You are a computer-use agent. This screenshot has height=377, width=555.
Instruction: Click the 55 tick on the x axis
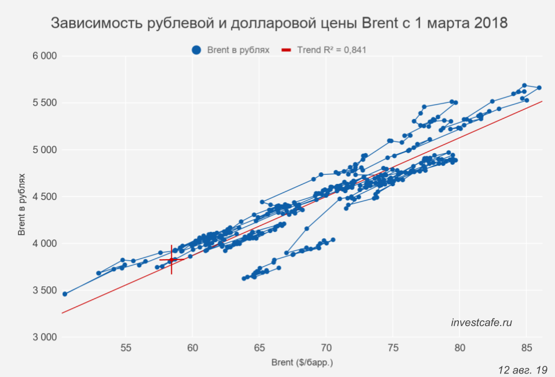click(x=126, y=348)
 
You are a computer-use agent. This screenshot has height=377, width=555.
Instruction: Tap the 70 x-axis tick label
click(x=326, y=348)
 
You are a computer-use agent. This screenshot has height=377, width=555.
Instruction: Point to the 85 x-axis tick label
click(x=527, y=348)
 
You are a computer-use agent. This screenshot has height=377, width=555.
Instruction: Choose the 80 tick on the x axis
click(x=460, y=348)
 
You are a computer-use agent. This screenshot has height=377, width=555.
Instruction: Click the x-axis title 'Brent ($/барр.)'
click(x=303, y=363)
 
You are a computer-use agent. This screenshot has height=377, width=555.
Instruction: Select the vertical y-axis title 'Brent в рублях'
click(x=21, y=196)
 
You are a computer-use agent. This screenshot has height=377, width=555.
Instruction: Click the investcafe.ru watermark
click(x=482, y=323)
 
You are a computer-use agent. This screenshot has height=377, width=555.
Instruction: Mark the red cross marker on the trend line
click(x=171, y=260)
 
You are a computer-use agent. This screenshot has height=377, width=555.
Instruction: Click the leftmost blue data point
click(x=65, y=294)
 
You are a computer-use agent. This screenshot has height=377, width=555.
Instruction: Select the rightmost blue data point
click(x=539, y=88)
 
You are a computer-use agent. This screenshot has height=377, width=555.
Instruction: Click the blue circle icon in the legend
click(x=196, y=50)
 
